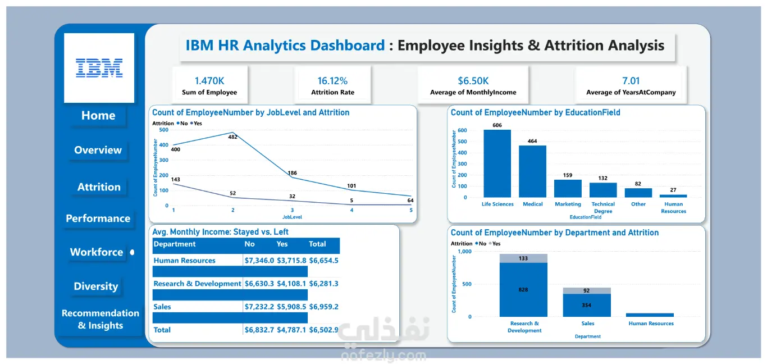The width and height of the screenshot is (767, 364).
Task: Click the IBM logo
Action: click(99, 68)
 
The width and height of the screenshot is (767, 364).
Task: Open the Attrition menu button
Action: click(99, 187)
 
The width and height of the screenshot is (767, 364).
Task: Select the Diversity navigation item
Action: click(96, 286)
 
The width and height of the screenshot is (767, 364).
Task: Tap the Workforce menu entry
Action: click(96, 252)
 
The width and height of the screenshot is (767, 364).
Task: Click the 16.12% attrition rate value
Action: click(332, 81)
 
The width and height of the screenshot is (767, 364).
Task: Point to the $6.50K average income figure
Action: click(473, 81)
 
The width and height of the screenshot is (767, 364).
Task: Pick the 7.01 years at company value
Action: click(631, 81)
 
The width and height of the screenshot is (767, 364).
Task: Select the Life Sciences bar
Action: click(497, 163)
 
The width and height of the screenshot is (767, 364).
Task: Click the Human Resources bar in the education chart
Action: click(673, 196)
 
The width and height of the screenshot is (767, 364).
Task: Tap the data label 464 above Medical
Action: click(532, 141)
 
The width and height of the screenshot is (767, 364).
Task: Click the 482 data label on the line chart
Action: click(233, 137)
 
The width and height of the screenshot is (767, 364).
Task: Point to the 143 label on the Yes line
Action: click(175, 179)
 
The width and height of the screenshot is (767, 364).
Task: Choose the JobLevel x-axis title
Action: click(292, 217)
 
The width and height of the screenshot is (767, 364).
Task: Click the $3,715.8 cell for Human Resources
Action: click(291, 260)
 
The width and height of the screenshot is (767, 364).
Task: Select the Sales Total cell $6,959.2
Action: click(323, 307)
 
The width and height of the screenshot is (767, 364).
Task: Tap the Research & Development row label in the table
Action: click(197, 284)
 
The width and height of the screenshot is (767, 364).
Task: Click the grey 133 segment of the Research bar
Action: click(523, 258)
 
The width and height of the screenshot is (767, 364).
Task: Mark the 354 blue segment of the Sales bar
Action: click(587, 305)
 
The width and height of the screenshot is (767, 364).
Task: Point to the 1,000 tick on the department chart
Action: click(465, 251)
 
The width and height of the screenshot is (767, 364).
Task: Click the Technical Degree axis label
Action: click(603, 207)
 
